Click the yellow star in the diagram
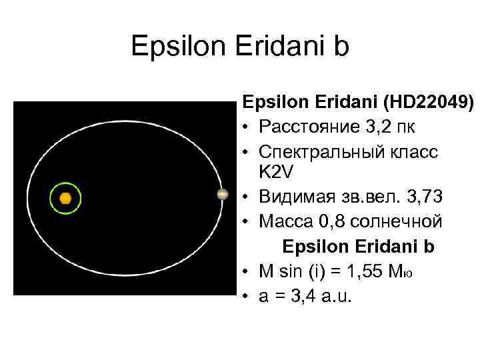point(65,198)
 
